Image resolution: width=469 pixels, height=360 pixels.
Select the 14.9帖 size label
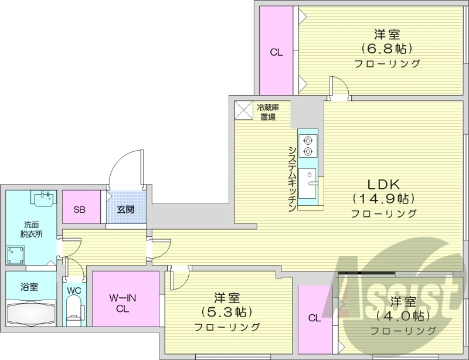[384, 198]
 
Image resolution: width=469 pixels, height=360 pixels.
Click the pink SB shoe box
[81, 208]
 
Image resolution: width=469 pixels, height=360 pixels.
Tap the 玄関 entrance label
[125, 209]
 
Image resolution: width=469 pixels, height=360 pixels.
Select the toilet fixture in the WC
[74, 310]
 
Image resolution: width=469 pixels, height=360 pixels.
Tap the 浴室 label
[29, 287]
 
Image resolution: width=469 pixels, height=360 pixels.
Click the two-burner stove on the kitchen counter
[308, 145]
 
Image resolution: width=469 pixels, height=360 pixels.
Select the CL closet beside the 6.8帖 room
[276, 52]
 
